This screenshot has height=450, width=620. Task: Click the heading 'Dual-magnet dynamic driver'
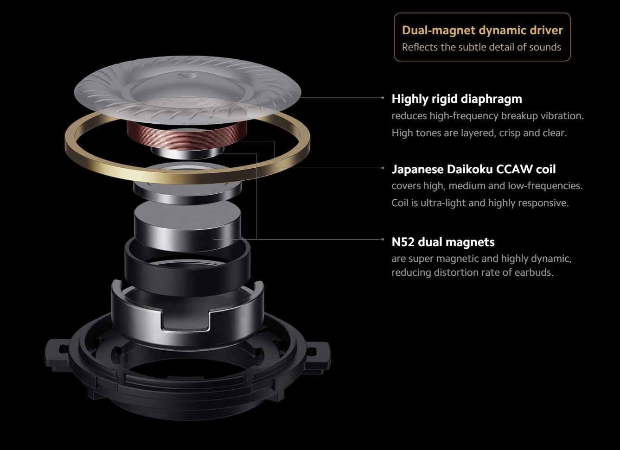point(482,30)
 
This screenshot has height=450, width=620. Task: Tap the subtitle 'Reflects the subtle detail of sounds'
point(481,47)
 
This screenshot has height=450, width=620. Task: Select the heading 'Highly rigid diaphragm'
point(457,99)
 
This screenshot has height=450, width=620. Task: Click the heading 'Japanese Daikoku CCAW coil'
point(473,169)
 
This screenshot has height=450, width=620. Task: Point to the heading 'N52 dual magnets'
point(443,242)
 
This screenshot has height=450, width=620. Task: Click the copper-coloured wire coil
point(187,135)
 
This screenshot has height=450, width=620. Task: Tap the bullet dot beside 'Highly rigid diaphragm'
point(383,98)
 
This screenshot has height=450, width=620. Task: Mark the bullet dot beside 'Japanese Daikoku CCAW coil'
point(383,168)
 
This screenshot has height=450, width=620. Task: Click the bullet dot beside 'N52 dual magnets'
point(383,239)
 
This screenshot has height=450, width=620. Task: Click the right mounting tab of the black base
point(318,357)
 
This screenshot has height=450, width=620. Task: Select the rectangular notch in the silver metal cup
point(185,321)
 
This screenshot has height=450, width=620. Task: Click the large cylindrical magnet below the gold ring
point(187,226)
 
